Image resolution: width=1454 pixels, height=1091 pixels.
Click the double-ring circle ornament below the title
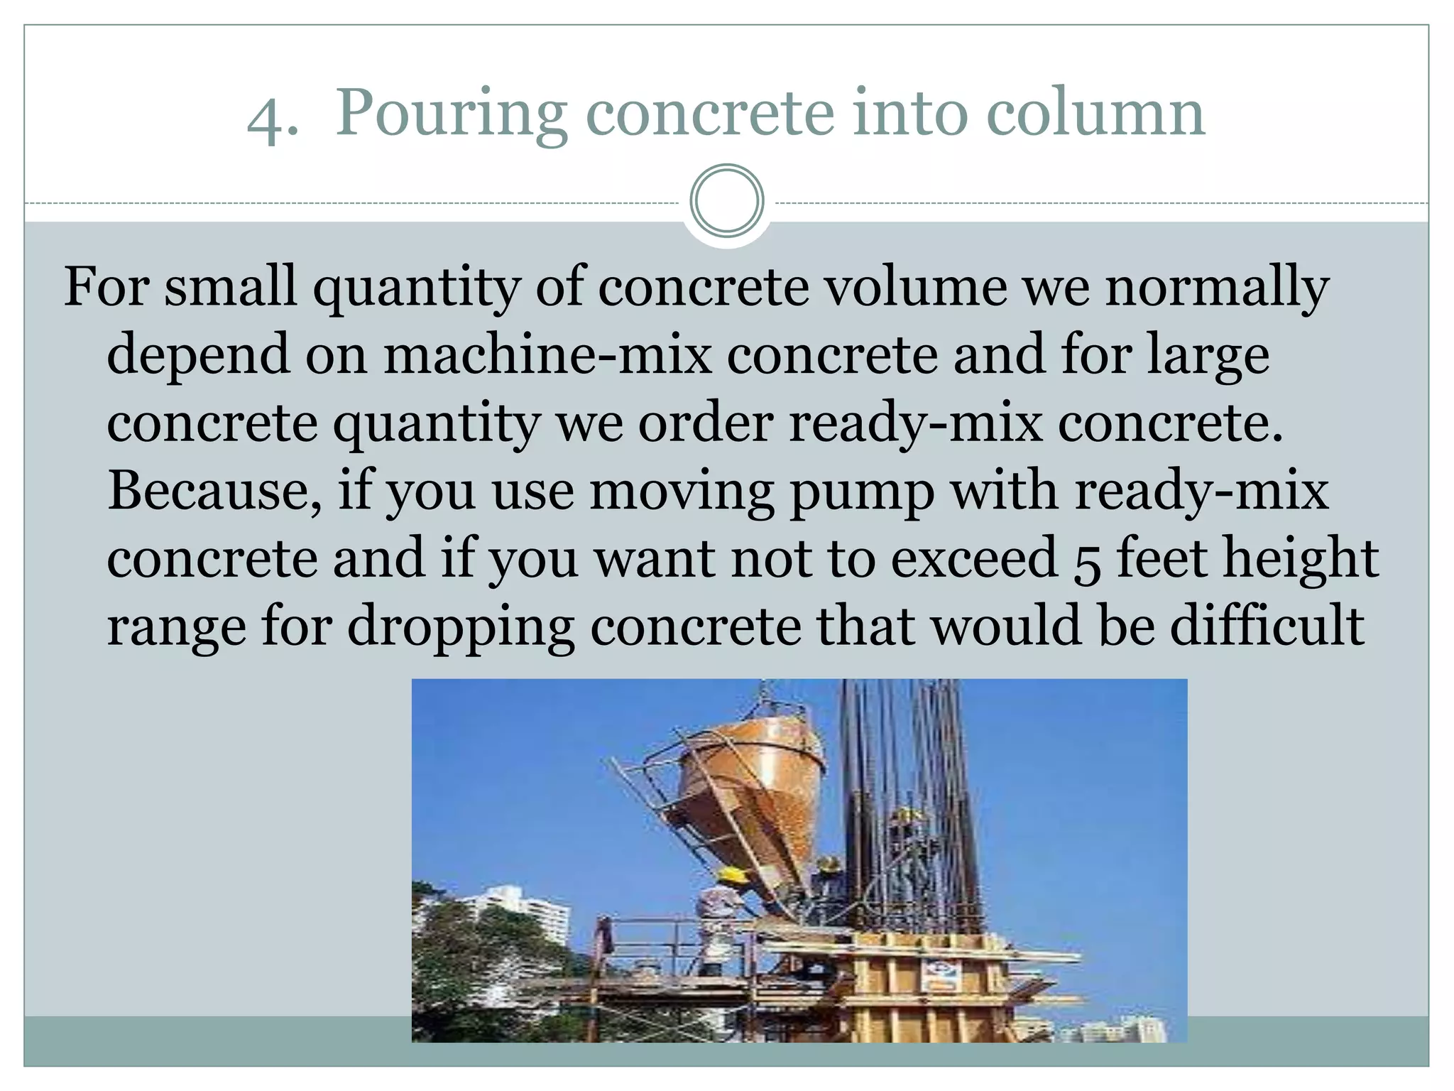tap(726, 201)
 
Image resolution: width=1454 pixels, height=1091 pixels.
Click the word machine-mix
tap(547, 354)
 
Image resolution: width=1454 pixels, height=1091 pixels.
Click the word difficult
tap(1267, 625)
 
